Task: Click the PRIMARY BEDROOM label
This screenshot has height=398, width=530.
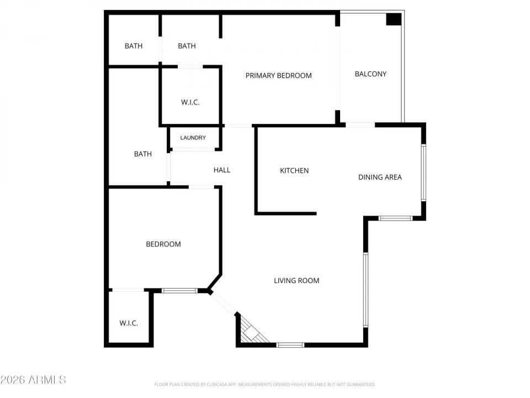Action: (x=278, y=76)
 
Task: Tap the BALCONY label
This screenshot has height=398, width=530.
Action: (x=370, y=74)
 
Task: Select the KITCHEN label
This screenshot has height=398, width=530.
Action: (x=294, y=171)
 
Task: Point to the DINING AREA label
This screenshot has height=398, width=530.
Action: (x=380, y=177)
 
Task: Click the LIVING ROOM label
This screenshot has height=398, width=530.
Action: (x=296, y=281)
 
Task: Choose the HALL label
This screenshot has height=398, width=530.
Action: (x=222, y=170)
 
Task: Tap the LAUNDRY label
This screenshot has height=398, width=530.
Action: (x=193, y=138)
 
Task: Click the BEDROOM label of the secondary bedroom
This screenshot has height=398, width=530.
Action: (x=163, y=244)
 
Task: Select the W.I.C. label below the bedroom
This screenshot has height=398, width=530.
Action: (x=129, y=323)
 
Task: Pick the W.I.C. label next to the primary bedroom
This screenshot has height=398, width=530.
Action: (x=190, y=103)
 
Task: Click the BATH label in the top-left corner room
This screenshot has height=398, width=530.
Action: (x=133, y=46)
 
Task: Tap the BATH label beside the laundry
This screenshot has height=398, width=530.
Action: (x=142, y=154)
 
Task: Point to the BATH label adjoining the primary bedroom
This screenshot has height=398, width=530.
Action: (x=187, y=46)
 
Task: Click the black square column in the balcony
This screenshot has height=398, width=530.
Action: (x=393, y=19)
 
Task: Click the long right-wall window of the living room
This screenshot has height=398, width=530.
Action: (x=365, y=290)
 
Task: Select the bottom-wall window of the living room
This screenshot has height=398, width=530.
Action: (x=290, y=345)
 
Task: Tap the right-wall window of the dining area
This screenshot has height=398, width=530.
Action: (x=423, y=172)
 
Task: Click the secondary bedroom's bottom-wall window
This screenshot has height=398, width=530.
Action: (x=179, y=290)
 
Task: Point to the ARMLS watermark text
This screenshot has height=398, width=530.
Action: (x=33, y=380)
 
